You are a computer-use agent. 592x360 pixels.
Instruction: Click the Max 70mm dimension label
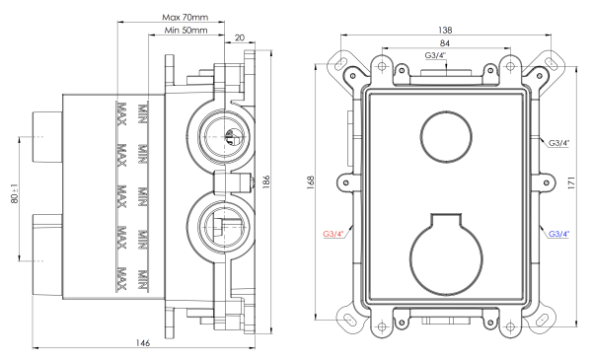tap(186, 18)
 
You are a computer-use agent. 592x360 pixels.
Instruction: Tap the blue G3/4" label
tap(559, 234)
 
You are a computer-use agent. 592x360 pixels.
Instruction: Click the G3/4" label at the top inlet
tap(435, 56)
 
